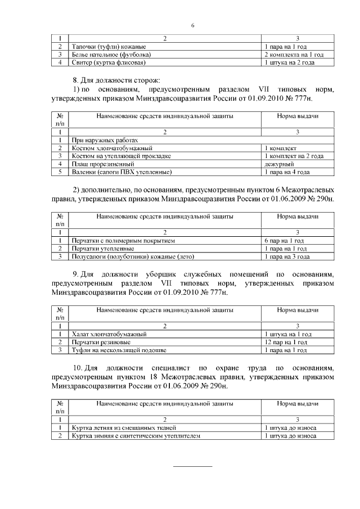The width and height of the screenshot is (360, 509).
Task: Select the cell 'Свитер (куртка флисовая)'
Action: pyautogui.click(x=107, y=63)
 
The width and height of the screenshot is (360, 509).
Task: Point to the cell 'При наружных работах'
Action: pyautogui.click(x=104, y=139)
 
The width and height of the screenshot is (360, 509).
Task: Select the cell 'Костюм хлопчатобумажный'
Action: pyautogui.click(x=106, y=148)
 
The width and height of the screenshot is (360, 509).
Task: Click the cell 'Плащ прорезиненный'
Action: pyautogui.click(x=100, y=164)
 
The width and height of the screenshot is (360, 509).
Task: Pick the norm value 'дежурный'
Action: pyautogui.click(x=276, y=164)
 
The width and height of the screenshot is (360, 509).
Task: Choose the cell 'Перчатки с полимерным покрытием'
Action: pyautogui.click(x=123, y=240)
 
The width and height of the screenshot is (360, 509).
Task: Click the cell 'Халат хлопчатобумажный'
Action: pyautogui.click(x=109, y=334)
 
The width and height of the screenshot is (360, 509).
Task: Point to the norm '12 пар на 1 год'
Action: pyautogui.click(x=286, y=342)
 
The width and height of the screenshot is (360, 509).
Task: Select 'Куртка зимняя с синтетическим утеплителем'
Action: pyautogui.click(x=136, y=436)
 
